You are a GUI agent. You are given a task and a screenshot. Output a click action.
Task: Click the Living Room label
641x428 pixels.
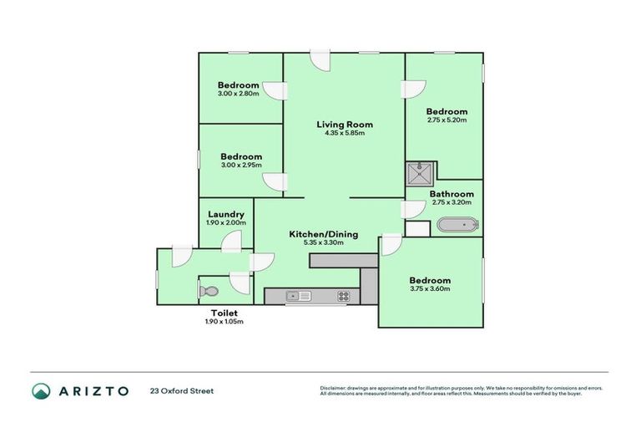click(x=343, y=125)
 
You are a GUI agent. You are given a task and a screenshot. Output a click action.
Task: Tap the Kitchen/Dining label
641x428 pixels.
click(x=323, y=234)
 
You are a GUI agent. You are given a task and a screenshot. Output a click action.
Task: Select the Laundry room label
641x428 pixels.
click(x=225, y=214)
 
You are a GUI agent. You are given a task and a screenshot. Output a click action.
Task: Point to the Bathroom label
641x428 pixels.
click(x=452, y=194)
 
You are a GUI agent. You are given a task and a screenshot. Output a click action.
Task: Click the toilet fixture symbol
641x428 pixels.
click(x=209, y=292)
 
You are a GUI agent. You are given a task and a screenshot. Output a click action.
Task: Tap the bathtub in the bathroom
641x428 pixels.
click(x=457, y=225)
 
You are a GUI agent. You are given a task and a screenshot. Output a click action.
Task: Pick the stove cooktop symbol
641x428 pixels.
click(x=343, y=296)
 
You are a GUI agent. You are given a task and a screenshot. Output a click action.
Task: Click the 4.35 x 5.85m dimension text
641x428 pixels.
click(x=345, y=133)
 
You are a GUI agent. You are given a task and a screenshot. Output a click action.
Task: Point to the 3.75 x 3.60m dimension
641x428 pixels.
click(x=430, y=289)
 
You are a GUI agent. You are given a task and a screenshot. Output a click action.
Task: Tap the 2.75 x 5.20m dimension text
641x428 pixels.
click(x=447, y=120)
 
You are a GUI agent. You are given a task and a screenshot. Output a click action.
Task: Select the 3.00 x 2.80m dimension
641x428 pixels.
click(x=239, y=94)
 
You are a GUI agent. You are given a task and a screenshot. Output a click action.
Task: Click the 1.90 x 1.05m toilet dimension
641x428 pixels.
click(x=224, y=321)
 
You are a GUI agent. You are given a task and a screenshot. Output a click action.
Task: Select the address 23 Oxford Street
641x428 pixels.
click(x=182, y=390)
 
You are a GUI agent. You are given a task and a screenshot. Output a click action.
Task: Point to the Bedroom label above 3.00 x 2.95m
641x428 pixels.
click(x=241, y=156)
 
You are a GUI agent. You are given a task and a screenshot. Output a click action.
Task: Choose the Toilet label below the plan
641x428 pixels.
click(x=224, y=313)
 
